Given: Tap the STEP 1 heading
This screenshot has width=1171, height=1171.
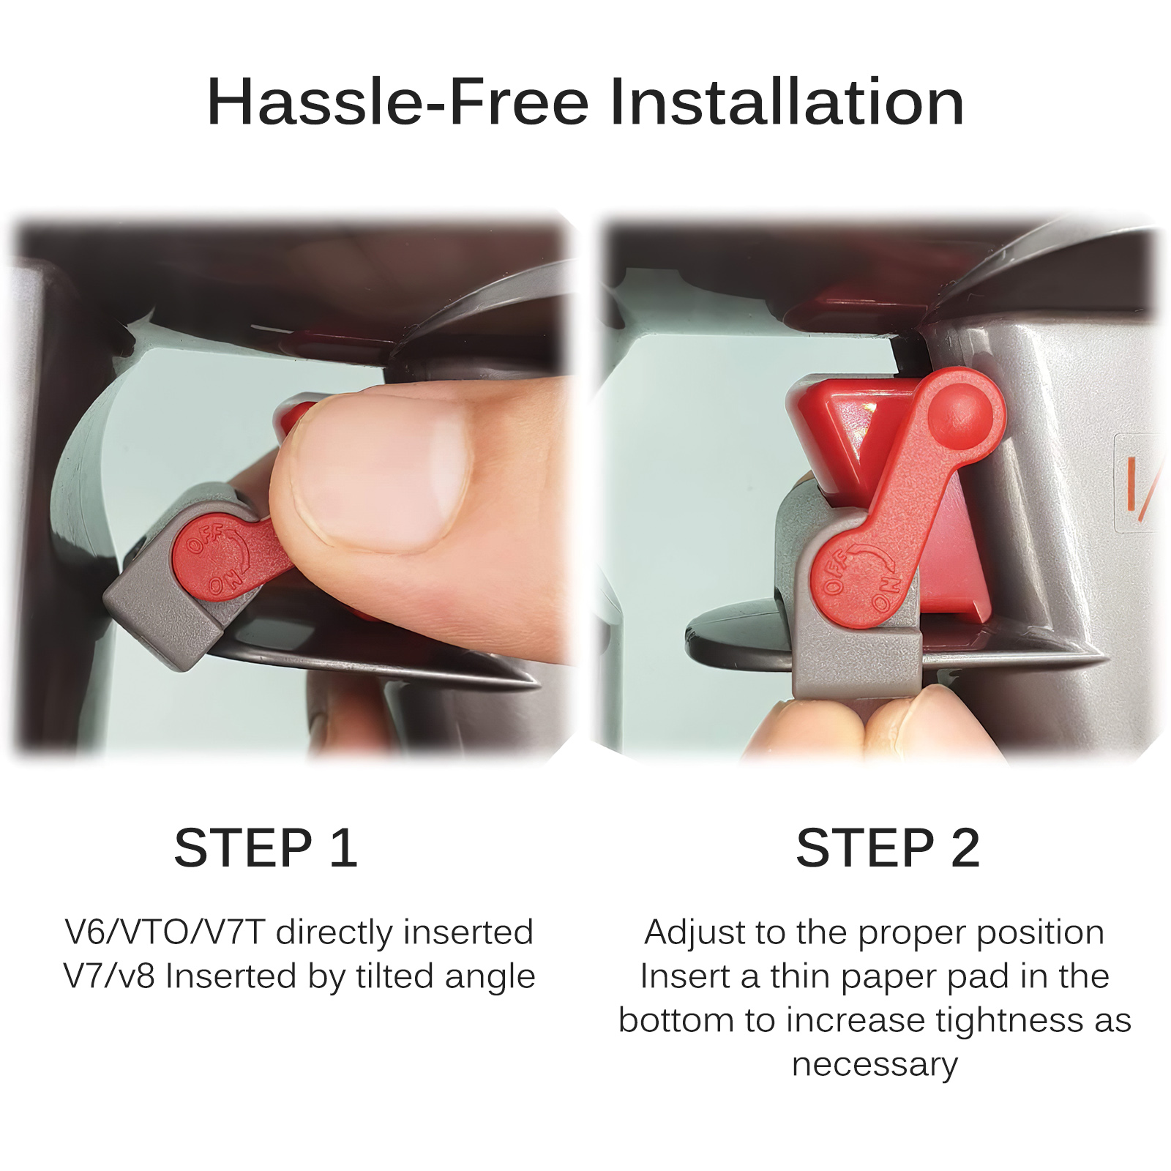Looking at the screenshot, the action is (266, 848).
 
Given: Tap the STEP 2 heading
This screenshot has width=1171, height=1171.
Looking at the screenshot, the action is (888, 848).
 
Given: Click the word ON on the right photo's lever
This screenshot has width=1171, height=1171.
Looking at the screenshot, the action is (884, 594).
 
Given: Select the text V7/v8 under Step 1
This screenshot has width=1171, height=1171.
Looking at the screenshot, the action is (109, 976).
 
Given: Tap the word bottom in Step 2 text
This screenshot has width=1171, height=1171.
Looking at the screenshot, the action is (676, 1020).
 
